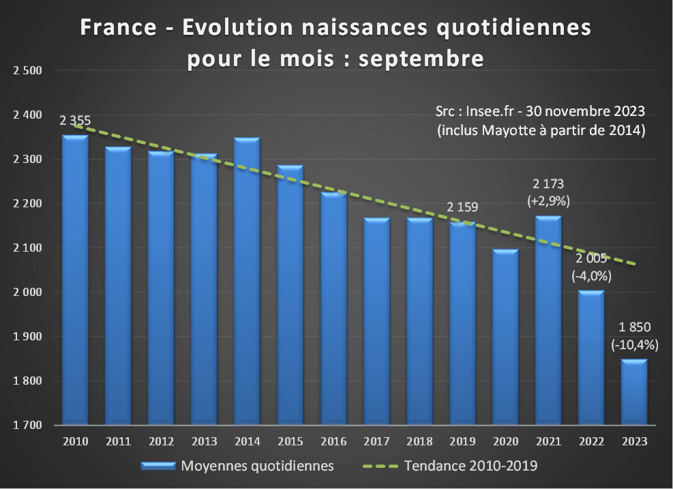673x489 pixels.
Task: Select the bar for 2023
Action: pyautogui.click(x=634, y=392)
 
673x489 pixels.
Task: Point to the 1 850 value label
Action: pyautogui.click(x=634, y=329)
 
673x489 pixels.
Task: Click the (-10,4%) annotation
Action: pyautogui.click(x=634, y=344)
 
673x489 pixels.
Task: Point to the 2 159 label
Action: pyautogui.click(x=464, y=207)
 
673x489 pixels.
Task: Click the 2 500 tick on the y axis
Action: pyautogui.click(x=27, y=71)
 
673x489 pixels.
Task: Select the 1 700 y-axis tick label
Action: pyautogui.click(x=27, y=426)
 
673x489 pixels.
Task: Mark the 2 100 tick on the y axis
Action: pyautogui.click(x=27, y=248)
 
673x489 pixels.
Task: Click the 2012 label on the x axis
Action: pyautogui.click(x=161, y=441)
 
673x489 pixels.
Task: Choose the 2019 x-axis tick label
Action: pyautogui.click(x=462, y=441)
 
